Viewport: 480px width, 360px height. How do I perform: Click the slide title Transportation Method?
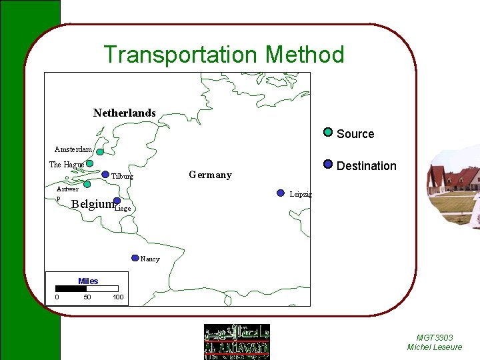(224, 54)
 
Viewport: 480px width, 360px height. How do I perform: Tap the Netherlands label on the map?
(124, 113)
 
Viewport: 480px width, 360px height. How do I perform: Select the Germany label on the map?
(210, 175)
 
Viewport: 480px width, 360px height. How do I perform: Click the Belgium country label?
(92, 204)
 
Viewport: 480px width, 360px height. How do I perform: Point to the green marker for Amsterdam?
(100, 152)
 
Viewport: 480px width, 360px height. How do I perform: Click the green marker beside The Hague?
(89, 163)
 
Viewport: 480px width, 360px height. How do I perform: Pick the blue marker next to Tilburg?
(105, 175)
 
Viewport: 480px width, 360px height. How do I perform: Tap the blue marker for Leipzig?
(281, 193)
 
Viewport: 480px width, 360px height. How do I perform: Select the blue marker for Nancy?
(135, 257)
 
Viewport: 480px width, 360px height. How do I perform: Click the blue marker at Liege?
(117, 201)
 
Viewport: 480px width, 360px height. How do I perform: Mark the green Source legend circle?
(328, 132)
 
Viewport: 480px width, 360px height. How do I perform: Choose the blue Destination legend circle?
(328, 164)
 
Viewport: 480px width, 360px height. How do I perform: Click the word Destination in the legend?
(367, 166)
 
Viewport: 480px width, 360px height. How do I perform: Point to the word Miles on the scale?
(88, 281)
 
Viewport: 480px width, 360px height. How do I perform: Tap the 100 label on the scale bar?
(118, 297)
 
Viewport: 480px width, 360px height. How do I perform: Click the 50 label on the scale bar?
(87, 297)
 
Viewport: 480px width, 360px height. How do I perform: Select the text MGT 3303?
(435, 338)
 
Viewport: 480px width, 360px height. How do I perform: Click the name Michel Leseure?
(434, 347)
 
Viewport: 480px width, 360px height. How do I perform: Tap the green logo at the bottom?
(237, 341)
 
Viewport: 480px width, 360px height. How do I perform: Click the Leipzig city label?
(301, 195)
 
